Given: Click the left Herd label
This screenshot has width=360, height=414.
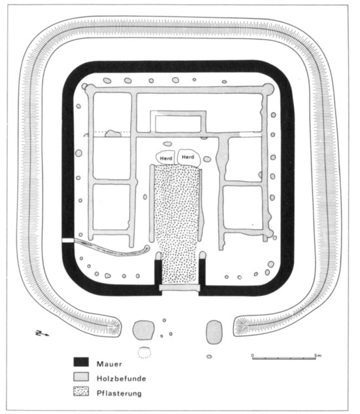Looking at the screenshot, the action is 166,159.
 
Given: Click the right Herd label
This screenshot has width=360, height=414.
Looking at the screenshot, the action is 188,157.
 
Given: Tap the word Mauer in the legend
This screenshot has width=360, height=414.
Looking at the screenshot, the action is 109,364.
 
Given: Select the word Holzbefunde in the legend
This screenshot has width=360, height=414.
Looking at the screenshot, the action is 121,379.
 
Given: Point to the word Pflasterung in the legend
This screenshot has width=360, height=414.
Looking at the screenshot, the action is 119,394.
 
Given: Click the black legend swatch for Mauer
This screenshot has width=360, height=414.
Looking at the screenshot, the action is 81,362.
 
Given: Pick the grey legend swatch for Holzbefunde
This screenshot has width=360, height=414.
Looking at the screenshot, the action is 81,377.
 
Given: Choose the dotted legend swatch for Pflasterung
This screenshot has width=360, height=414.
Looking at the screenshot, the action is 81,391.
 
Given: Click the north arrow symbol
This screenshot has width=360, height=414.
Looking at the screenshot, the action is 42,333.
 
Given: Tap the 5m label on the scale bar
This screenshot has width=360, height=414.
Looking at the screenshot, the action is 318,356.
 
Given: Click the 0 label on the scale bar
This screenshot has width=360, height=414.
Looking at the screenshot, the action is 253,355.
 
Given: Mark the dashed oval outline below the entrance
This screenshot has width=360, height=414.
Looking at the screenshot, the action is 144,352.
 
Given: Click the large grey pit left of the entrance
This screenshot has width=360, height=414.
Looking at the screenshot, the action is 143,330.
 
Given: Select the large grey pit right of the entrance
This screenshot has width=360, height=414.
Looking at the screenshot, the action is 214,332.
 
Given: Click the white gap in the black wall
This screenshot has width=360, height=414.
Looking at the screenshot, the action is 68,240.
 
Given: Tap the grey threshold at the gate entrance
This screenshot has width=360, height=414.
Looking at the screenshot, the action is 179,288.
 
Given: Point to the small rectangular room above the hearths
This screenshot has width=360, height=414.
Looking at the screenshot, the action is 178,122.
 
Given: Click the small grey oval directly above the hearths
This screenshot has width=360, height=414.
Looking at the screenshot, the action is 167,144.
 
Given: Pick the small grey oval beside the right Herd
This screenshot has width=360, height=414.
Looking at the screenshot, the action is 207,159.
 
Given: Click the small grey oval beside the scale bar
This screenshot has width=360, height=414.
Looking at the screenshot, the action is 209,357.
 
